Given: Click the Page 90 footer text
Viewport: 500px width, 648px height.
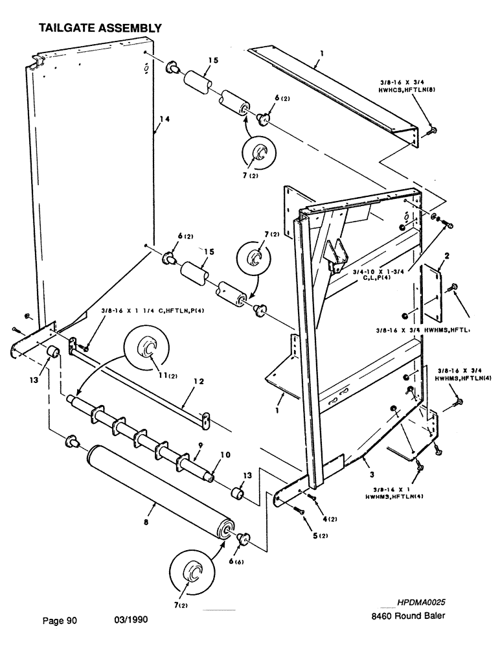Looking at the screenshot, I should [60, 621].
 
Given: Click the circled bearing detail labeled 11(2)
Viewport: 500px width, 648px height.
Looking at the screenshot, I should [148, 350].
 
